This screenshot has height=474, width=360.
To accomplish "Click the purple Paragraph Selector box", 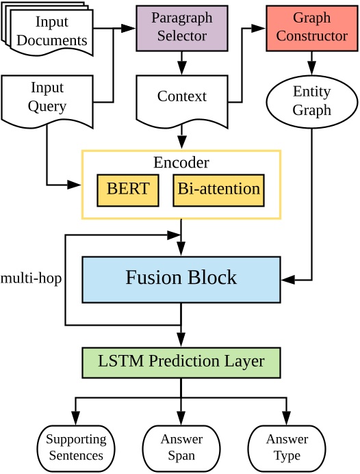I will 181,27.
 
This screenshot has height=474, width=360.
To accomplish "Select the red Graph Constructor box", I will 311,27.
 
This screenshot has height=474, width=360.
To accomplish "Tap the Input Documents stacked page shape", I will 49,31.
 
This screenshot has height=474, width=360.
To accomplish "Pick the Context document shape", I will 181,98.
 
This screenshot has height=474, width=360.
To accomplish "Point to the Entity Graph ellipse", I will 311,101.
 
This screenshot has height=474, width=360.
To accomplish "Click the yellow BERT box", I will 128,189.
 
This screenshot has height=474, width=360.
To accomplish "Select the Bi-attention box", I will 218,189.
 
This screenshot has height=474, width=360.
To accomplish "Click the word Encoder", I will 181,163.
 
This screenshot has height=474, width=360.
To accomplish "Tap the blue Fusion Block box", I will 181,278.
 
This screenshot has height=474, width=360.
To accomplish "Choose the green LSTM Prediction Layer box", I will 181,362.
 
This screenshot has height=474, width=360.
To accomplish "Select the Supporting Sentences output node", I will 76,448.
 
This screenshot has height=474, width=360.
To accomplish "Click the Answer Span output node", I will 181,448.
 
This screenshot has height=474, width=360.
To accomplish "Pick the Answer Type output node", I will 286,448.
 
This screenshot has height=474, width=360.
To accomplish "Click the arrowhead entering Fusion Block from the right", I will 287,280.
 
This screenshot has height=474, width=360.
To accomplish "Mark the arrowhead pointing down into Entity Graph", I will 311,68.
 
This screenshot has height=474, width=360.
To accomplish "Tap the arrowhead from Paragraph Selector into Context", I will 181,68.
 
